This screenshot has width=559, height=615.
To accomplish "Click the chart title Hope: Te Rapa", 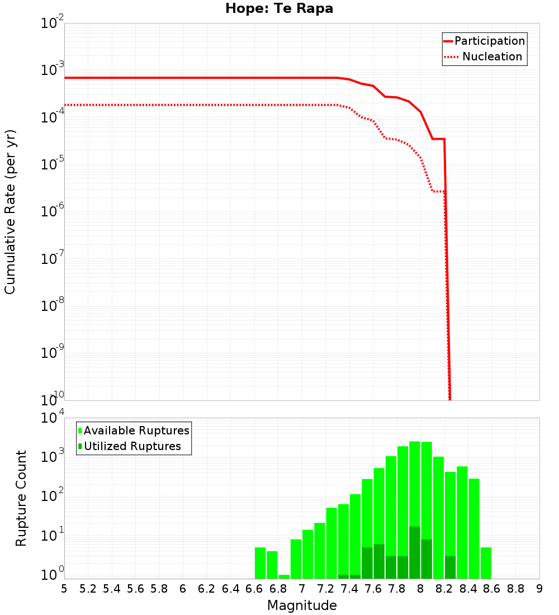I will pos(279,9).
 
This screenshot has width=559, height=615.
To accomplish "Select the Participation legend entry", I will pos(484,41).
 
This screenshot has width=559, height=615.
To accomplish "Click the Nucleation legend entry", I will pos(484,57).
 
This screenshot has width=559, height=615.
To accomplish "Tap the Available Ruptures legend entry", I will pos(134,430).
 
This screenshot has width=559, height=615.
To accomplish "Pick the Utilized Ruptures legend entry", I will pos(130,446).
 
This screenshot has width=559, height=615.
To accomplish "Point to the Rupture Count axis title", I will pos(21,498).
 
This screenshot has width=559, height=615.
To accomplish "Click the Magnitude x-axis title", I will pos(302,605).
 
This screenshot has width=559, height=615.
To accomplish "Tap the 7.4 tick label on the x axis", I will pos(349,589).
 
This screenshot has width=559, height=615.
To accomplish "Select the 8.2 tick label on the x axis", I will pos(444,589).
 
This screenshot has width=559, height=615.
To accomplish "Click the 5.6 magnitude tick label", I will pos(136,589).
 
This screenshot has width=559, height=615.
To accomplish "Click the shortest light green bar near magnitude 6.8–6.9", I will pos(284,576).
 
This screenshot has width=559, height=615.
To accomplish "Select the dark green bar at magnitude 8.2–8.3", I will pos(451,567).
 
